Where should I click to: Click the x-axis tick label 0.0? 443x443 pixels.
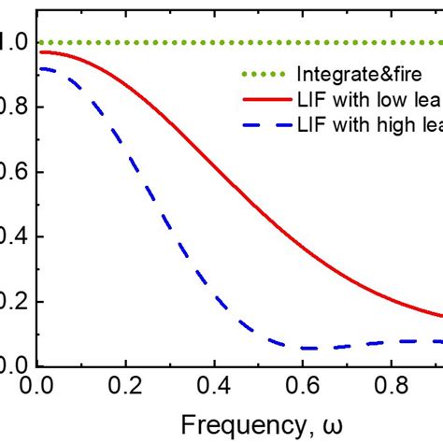[41, 384]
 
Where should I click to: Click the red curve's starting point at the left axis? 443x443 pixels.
[40, 52]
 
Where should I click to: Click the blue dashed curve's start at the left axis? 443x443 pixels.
[40, 68]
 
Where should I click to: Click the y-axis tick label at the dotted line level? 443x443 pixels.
[7, 43]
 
